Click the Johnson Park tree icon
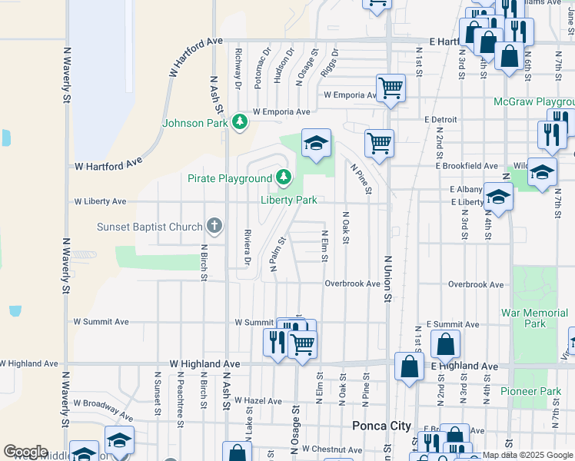(x=240, y=121)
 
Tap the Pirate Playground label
(x=230, y=178)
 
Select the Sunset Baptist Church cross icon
(x=214, y=226)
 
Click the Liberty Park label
(x=288, y=200)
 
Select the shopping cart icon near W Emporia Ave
(x=391, y=88)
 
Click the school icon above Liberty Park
(x=315, y=142)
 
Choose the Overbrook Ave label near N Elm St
(x=352, y=284)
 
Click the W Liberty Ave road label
(x=100, y=201)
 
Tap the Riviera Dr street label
(x=248, y=248)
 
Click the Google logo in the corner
(x=25, y=452)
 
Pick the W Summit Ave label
(x=254, y=322)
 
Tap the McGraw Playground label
(x=534, y=101)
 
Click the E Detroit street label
(x=440, y=119)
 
